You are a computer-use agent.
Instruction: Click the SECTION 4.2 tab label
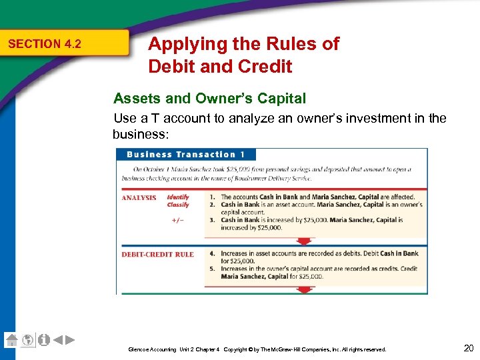coord(45,44)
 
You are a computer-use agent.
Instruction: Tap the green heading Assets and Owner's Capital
coord(210,99)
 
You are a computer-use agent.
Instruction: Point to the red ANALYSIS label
coord(139,198)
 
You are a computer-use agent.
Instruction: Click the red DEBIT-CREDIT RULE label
coord(157,254)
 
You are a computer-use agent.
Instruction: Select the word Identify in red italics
coord(178,197)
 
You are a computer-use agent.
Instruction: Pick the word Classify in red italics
coord(178,205)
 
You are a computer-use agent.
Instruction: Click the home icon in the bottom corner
coord(11,339)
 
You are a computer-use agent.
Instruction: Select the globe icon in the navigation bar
coord(28,340)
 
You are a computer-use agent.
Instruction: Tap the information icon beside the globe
coord(44,340)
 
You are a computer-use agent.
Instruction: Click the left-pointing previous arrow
coord(58,340)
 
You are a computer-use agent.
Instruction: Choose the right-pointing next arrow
coord(70,340)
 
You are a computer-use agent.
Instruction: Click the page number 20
coord(467,347)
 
